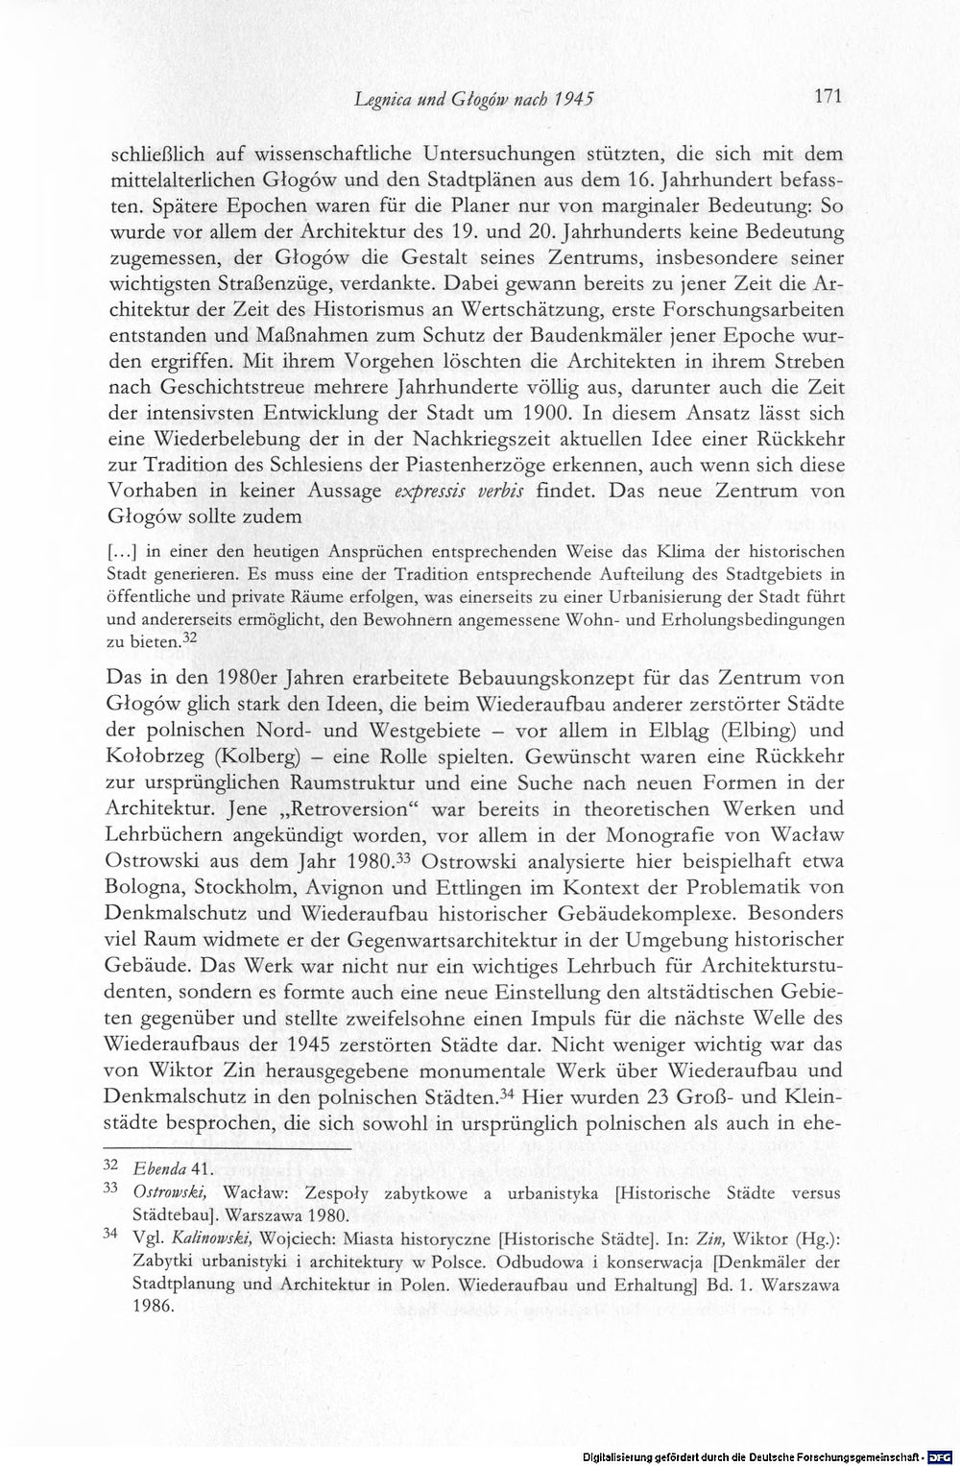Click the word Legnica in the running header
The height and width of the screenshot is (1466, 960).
point(383,98)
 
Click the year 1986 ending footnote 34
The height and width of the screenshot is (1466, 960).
point(156,1307)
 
